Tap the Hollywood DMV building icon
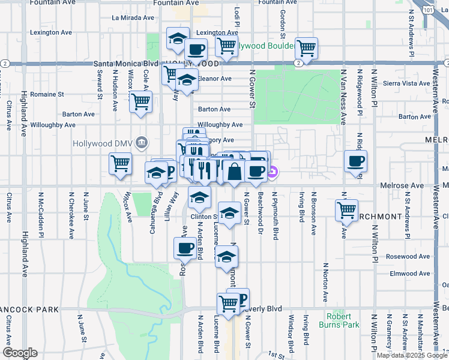click(141, 143)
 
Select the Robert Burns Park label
click(343, 320)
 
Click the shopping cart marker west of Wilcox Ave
click(120, 163)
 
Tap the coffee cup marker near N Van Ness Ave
click(356, 161)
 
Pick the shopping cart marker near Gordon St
click(306, 47)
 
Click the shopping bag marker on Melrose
click(234, 172)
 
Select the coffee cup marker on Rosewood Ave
click(185, 248)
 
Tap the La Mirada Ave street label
click(133, 17)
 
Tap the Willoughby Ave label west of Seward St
click(54, 125)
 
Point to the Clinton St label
click(205, 217)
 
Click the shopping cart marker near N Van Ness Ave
click(346, 211)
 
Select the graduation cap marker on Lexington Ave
click(178, 39)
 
